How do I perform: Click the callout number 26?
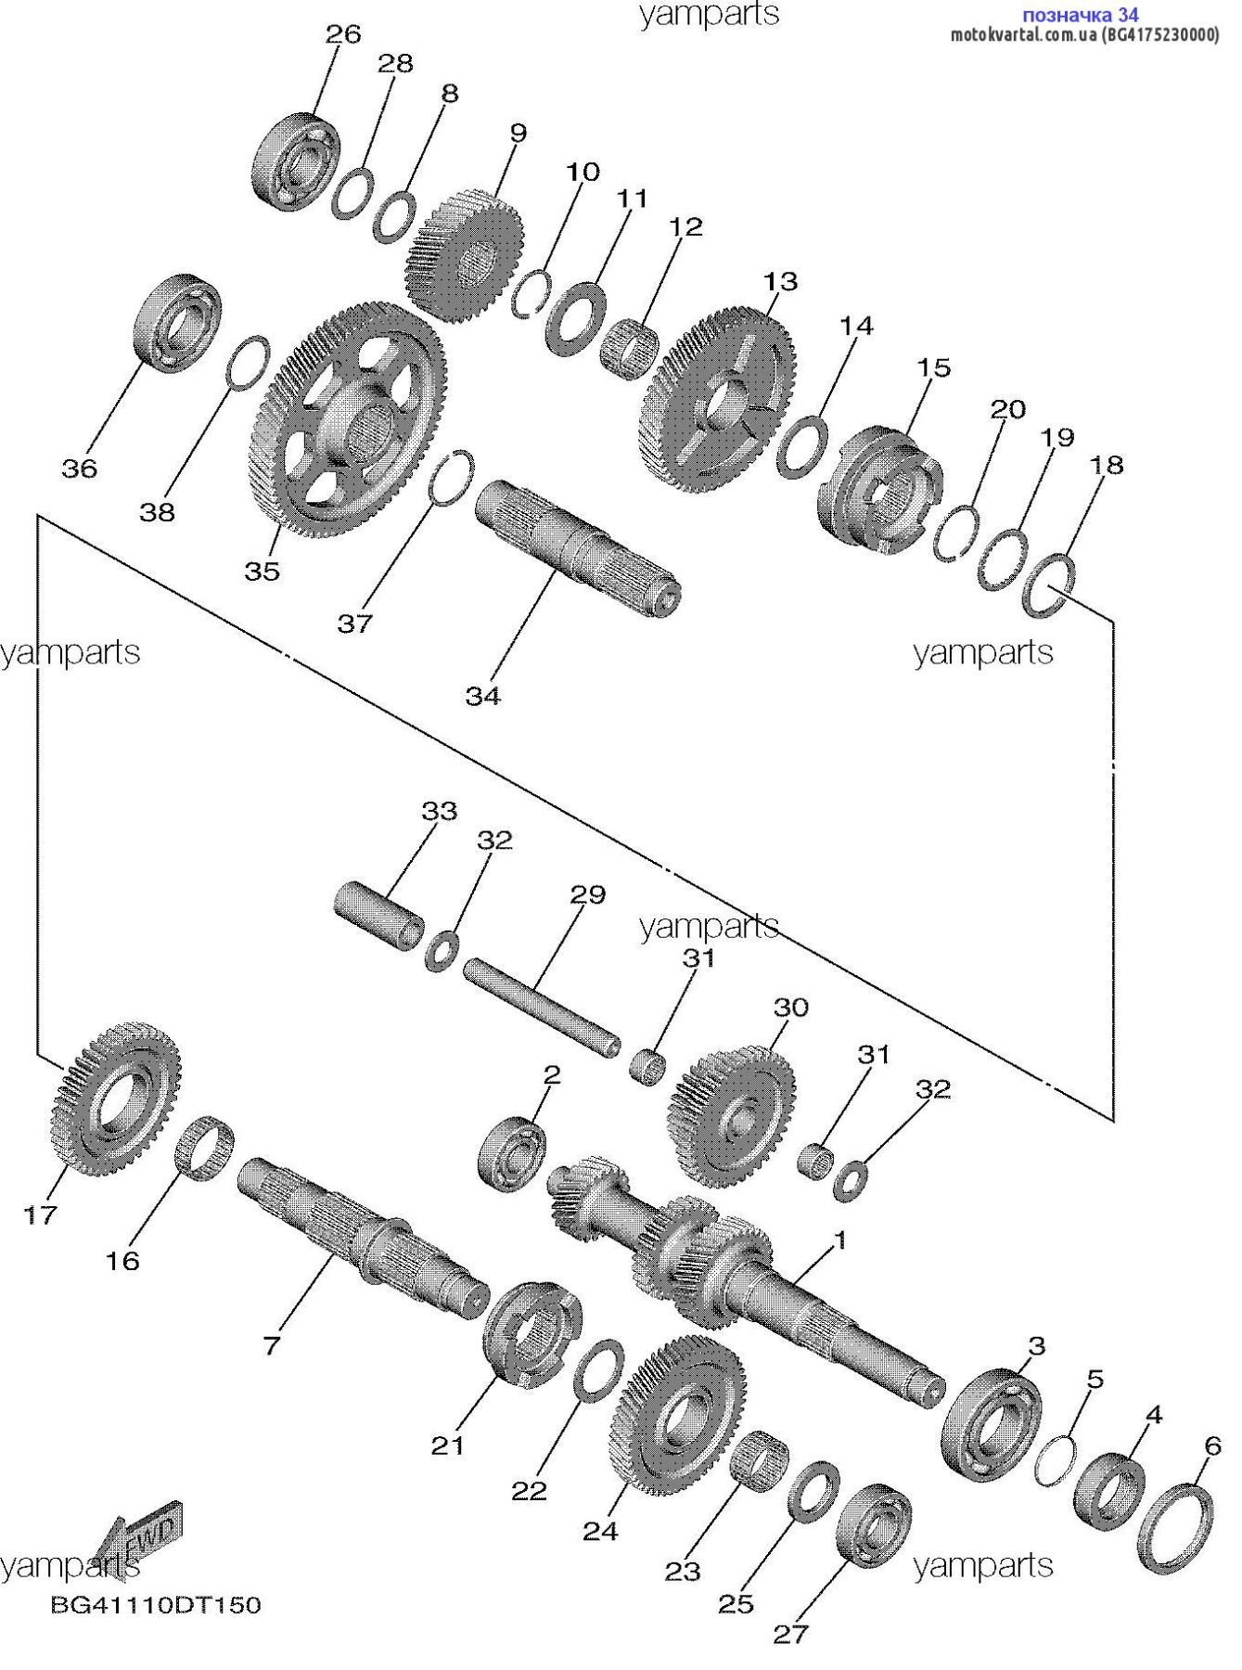click(342, 34)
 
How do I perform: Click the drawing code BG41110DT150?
click(156, 1604)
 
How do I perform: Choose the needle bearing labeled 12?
click(628, 346)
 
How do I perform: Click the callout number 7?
click(271, 1344)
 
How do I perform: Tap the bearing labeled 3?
click(991, 1424)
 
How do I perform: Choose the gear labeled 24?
click(678, 1411)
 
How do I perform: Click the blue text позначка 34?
click(1080, 15)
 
